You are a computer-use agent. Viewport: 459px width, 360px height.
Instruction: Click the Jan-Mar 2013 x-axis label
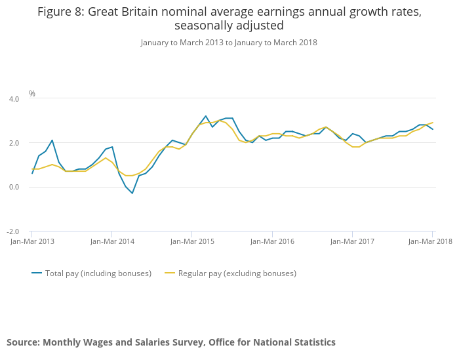(x=32, y=241)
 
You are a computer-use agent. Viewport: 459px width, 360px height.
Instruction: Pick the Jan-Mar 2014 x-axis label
(x=112, y=241)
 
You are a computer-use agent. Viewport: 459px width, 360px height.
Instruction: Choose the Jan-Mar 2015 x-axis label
(x=192, y=241)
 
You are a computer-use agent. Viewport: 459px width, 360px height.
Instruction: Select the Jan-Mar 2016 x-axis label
(x=272, y=241)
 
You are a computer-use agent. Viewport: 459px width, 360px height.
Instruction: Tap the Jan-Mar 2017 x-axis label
(x=352, y=241)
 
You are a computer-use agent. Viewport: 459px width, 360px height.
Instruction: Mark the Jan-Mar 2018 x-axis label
(x=430, y=241)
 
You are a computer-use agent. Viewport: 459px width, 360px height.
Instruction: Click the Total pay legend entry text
(x=98, y=273)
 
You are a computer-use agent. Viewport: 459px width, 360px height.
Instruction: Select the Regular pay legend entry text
(x=237, y=273)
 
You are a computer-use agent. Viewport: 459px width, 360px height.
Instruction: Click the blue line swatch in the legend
(x=37, y=273)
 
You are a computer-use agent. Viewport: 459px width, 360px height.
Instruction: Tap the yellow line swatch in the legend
(x=170, y=273)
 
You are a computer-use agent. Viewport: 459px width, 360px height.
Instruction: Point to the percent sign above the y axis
(x=32, y=94)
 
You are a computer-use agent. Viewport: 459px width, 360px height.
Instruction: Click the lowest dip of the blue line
(x=132, y=193)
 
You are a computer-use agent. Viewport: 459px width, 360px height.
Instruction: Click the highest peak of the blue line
(x=206, y=116)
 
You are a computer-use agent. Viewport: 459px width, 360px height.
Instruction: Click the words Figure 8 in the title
(x=61, y=12)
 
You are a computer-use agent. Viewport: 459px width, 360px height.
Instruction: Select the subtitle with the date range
(x=229, y=43)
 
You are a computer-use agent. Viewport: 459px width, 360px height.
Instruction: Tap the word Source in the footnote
(x=23, y=342)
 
